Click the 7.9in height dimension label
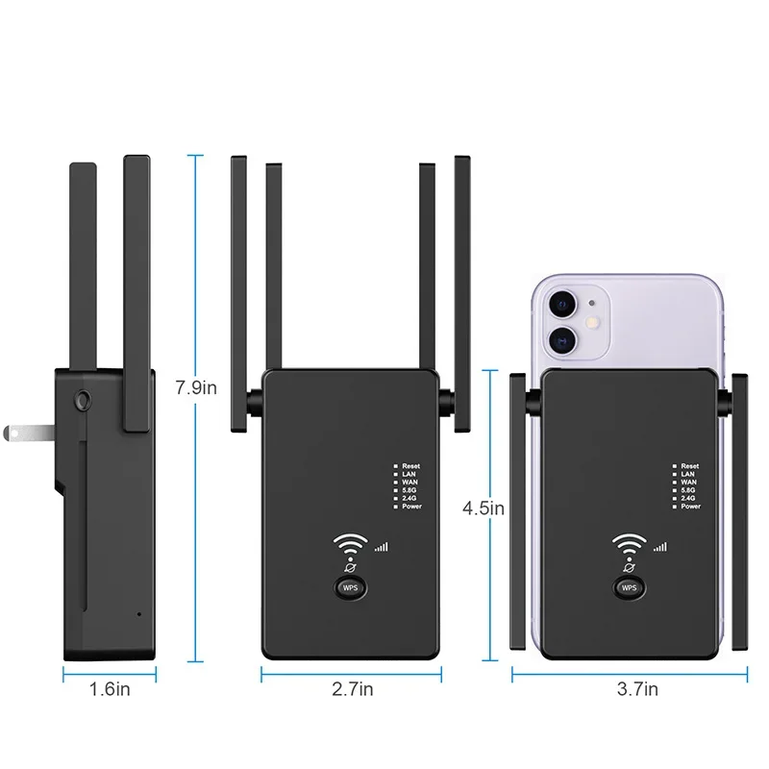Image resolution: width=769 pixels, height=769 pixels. click(197, 389)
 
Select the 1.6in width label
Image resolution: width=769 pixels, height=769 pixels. click(111, 687)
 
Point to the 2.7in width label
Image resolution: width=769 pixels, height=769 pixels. click(354, 687)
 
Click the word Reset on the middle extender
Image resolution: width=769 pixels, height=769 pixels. click(411, 466)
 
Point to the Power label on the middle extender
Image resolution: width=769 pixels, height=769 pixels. click(411, 507)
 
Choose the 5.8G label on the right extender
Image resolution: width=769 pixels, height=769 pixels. click(689, 490)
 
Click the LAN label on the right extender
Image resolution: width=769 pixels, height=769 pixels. click(687, 474)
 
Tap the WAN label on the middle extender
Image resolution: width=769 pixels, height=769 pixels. click(409, 483)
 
